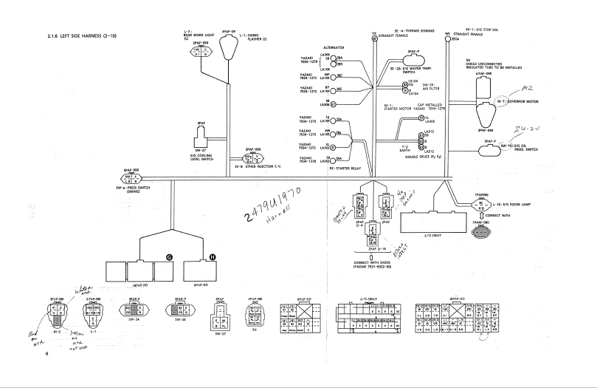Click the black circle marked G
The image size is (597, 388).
tap(169, 256)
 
